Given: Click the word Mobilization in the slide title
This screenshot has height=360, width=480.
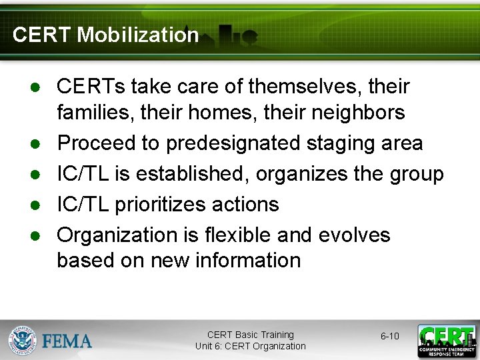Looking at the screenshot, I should pos(138,35).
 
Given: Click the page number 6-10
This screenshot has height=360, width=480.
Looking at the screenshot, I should pos(390,336).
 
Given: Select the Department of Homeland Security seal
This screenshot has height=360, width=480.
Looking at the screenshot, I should pos(23,340).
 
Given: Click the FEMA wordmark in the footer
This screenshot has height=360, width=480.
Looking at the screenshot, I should pos(67,341).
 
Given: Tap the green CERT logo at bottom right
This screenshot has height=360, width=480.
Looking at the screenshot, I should pos(447,341).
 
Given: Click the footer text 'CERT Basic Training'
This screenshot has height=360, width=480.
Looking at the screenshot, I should pos(250,335).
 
